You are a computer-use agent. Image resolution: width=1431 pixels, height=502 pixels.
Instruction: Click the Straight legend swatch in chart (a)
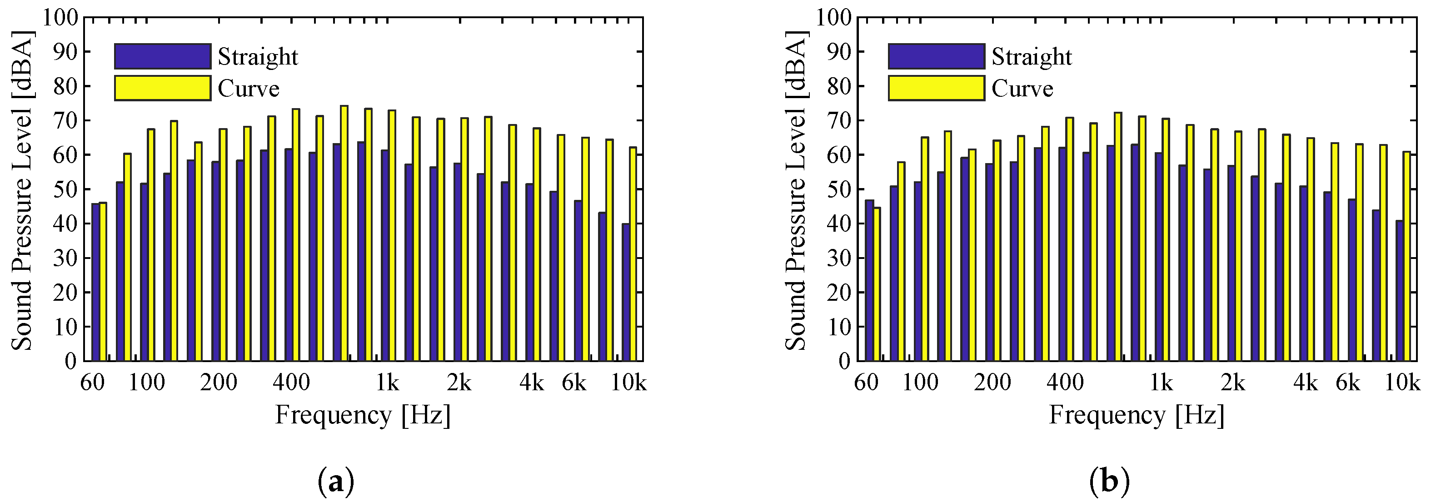pos(162,56)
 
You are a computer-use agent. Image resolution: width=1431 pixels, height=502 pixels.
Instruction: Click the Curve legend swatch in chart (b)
pos(936,88)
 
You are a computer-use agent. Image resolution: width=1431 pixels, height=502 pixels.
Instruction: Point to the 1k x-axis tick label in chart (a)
pos(387,383)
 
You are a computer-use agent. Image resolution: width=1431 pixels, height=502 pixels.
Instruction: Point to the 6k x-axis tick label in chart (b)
pos(1348,383)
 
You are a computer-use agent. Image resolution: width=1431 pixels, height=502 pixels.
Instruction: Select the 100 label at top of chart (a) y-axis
pos(60,17)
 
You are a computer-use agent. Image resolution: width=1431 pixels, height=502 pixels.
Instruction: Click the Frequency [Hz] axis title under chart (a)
pos(363,415)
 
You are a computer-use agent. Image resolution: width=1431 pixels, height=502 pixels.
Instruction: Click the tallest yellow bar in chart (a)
pos(344,233)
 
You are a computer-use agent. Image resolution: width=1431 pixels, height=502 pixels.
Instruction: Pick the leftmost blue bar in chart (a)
pos(95,282)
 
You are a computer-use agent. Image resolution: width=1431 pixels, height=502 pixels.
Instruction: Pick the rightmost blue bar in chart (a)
pos(625,292)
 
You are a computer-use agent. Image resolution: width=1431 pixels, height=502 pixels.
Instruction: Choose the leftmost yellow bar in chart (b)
pos(877,284)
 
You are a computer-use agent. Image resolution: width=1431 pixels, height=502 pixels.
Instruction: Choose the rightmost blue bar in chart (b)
pos(1399,290)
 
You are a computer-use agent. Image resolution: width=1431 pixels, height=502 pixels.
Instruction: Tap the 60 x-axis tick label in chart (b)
pos(866,383)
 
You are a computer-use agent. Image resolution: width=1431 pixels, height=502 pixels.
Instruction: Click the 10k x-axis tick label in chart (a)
pos(628,383)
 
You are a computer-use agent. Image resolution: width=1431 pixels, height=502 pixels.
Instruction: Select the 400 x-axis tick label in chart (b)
pos(1065,383)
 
